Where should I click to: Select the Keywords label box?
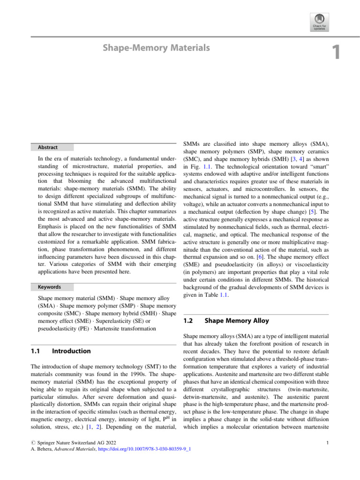coord(49,286)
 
